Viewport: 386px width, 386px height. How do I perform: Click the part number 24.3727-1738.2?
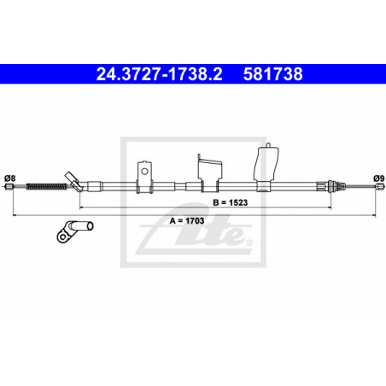[x=159, y=73]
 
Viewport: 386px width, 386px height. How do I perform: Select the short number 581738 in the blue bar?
[x=272, y=73]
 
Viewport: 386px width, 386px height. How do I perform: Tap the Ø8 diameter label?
[x=9, y=178]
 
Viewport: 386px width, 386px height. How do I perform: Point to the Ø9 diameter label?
[x=379, y=178]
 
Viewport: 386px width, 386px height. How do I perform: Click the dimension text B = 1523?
[x=231, y=202]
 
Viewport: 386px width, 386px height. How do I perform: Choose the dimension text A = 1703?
[x=187, y=220]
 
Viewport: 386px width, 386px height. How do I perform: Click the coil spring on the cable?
[x=47, y=187]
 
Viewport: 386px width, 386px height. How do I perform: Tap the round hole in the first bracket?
[x=144, y=172]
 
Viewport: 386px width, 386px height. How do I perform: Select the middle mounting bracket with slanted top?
[x=210, y=173]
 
